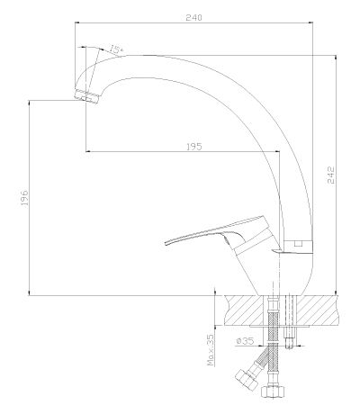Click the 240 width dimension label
click(x=193, y=17)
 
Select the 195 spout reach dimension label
click(x=194, y=147)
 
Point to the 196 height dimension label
click(x=24, y=197)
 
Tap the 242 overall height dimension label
click(x=330, y=175)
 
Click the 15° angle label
click(x=115, y=49)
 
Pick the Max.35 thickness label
click(x=211, y=350)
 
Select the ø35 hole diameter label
click(x=245, y=341)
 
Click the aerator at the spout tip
click(x=86, y=96)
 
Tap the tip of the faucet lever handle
click(x=166, y=243)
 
